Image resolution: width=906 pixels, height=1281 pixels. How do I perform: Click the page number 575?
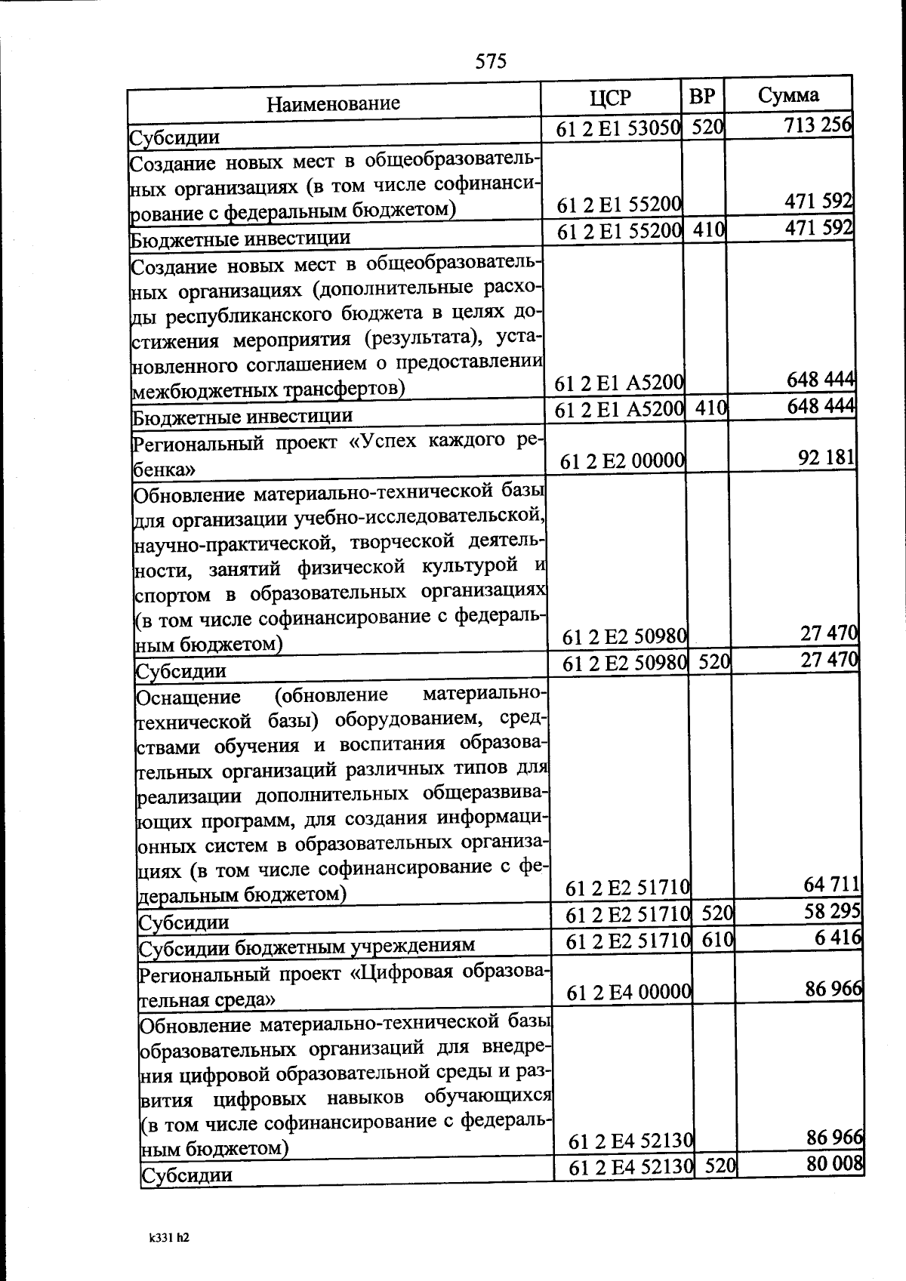pyautogui.click(x=491, y=60)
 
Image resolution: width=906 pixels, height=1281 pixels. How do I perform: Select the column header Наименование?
pyautogui.click(x=333, y=103)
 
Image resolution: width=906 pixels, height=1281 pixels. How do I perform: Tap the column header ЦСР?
pyautogui.click(x=610, y=98)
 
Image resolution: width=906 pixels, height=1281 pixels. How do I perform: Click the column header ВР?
pyautogui.click(x=702, y=97)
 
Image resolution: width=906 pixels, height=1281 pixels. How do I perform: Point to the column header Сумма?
pyautogui.click(x=788, y=95)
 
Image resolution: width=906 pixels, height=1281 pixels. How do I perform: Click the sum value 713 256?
pyautogui.click(x=818, y=125)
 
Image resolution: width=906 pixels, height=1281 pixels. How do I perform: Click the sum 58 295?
pyautogui.click(x=833, y=911)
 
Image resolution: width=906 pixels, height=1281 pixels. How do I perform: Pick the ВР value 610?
pyautogui.click(x=717, y=940)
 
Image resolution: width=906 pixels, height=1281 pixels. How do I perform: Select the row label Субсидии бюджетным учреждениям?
pyautogui.click(x=307, y=945)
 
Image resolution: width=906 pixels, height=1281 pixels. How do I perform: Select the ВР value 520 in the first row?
pyautogui.click(x=707, y=127)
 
